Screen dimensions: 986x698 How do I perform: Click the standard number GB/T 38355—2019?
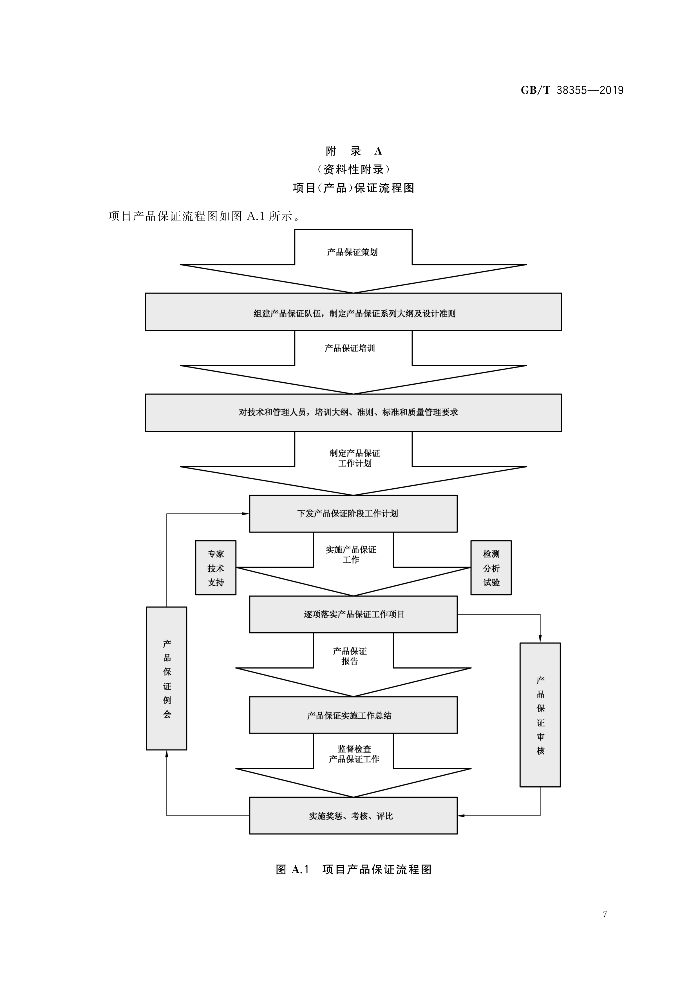point(572,90)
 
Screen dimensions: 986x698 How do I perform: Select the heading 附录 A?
point(353,151)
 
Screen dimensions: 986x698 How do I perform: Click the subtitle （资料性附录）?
point(353,170)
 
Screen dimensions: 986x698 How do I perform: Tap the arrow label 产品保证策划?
point(352,252)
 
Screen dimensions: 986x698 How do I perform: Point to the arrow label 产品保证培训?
point(350,348)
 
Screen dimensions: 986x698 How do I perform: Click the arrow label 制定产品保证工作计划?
point(355,458)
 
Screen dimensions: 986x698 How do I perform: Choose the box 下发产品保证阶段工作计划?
point(353,514)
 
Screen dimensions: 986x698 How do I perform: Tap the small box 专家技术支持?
point(216,568)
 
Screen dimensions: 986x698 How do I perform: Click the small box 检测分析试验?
point(491,568)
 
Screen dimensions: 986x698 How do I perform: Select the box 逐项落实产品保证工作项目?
point(353,615)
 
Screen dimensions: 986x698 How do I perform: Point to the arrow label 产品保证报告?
point(350,656)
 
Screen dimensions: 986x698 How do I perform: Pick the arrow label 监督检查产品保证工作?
point(354,754)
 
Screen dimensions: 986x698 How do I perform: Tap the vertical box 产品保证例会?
point(167,678)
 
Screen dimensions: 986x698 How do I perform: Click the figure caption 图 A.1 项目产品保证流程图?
point(353,870)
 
